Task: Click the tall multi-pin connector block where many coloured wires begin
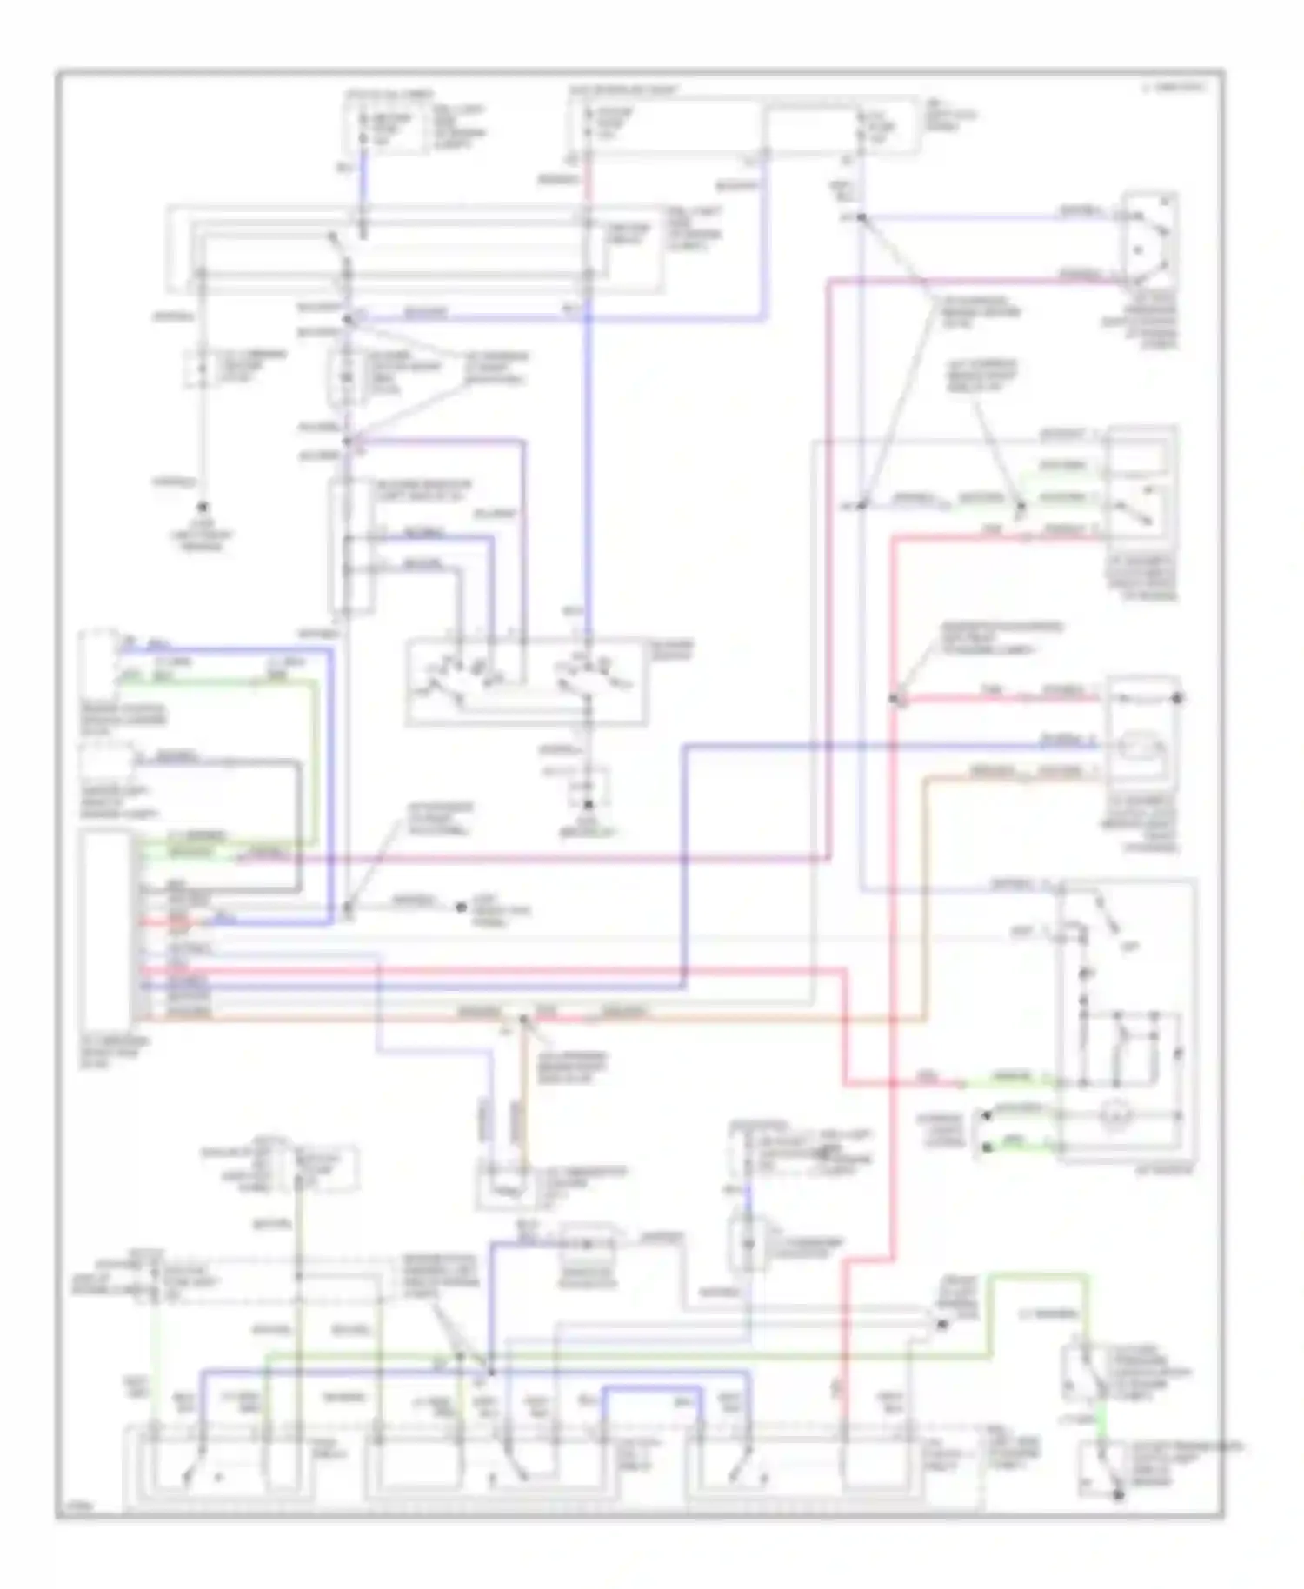[106, 928]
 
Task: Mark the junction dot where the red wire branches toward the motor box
[896, 697]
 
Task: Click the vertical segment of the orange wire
[927, 895]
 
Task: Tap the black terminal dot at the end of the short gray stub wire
[462, 908]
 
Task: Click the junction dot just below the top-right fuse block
[861, 217]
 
